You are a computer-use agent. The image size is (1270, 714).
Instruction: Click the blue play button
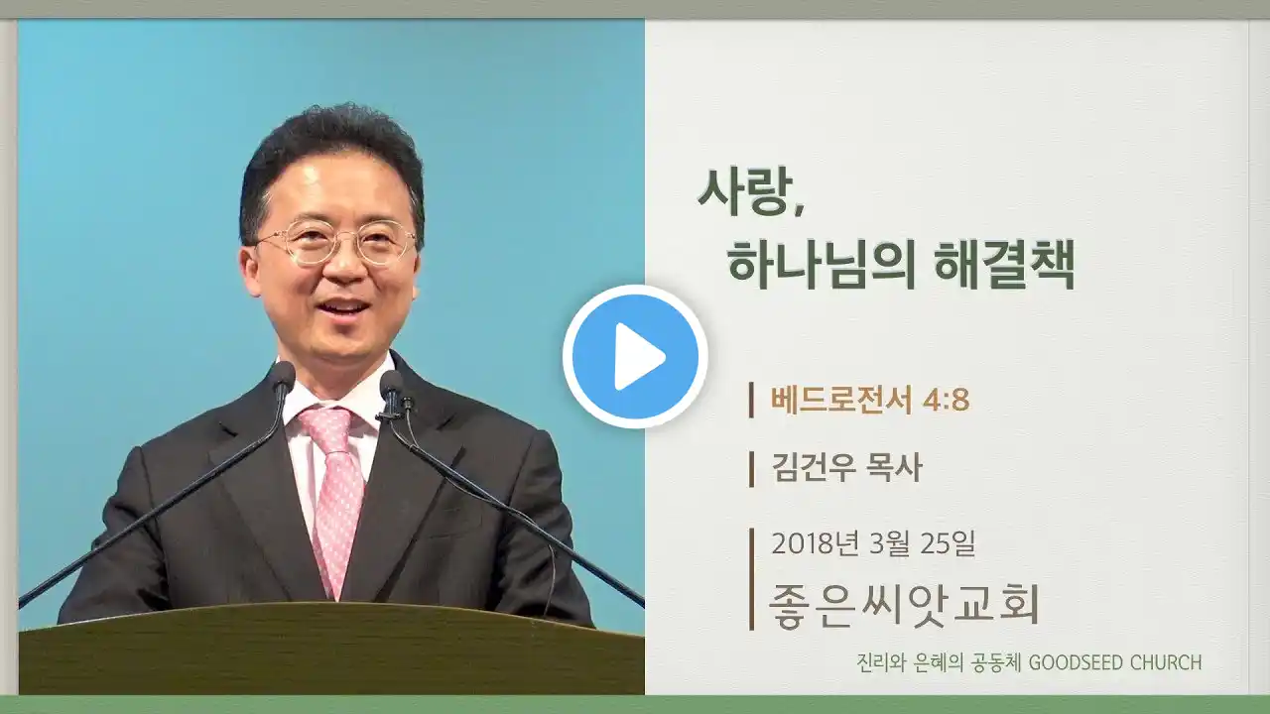[x=635, y=356]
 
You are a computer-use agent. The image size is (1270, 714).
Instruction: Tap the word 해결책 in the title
[x=1004, y=265]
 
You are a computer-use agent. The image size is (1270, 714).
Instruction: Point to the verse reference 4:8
[x=947, y=401]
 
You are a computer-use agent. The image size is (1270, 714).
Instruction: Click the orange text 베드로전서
[x=841, y=400]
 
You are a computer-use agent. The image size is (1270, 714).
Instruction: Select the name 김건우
[x=814, y=468]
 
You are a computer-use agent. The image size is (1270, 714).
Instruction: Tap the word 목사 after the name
[x=895, y=468]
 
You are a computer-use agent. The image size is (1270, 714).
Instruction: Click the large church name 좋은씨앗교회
[x=904, y=605]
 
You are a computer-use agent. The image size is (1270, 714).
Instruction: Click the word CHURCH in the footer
[x=1166, y=662]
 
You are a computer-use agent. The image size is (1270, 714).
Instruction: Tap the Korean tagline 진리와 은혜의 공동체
[x=939, y=662]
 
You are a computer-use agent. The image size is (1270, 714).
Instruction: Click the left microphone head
[x=282, y=377]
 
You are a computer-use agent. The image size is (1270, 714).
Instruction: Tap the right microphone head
[x=391, y=385]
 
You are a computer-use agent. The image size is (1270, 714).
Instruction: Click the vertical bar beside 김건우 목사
[x=752, y=469]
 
